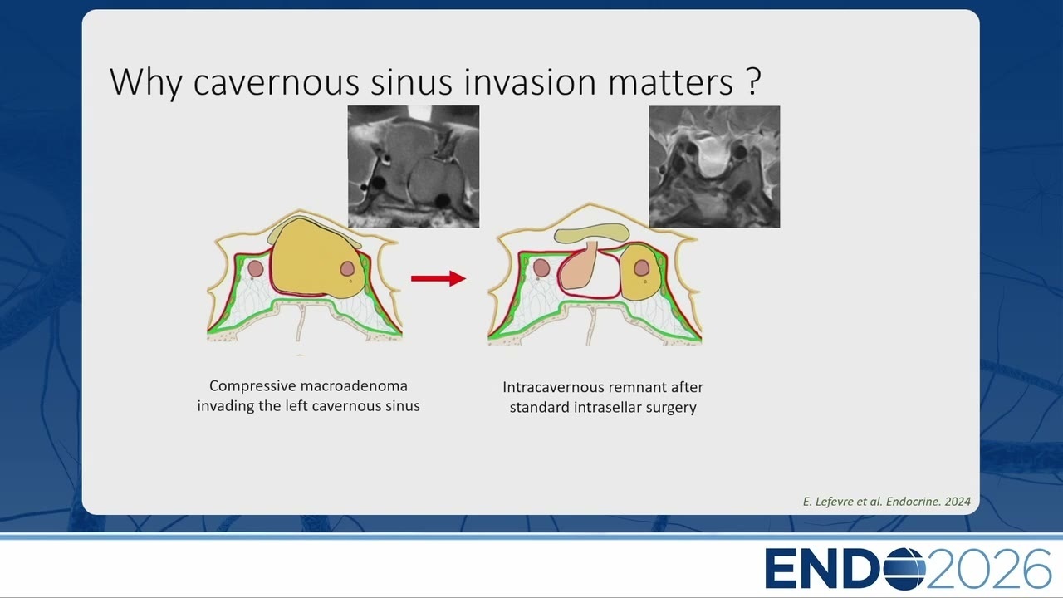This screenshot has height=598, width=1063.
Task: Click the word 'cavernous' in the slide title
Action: [x=276, y=82]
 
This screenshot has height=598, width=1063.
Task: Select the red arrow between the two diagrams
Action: [x=438, y=278]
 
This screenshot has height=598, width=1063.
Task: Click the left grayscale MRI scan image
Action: [x=414, y=167]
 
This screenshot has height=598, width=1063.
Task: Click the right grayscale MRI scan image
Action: [x=714, y=167]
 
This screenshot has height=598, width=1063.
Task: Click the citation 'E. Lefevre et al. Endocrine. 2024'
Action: [x=886, y=501]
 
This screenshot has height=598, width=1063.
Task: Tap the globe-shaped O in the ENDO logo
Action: [x=904, y=568]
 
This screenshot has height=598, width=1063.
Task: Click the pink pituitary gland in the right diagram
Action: [x=579, y=271]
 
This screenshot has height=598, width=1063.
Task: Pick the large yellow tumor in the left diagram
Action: [x=316, y=258]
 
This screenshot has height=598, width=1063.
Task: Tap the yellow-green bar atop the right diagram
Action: [x=592, y=233]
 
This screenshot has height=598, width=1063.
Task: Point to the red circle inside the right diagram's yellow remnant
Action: [x=642, y=267]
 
